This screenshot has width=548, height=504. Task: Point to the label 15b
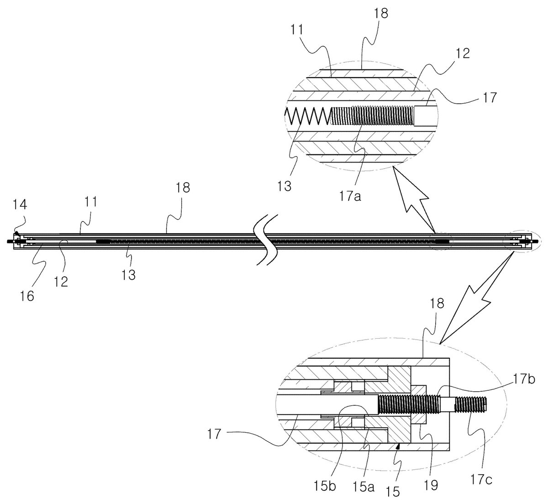325,487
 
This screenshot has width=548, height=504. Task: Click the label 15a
363,487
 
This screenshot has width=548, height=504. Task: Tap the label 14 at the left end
20,205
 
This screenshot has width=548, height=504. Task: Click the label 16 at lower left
27,296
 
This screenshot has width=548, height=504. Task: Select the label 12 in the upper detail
462,53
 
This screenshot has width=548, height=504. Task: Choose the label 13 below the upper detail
285,187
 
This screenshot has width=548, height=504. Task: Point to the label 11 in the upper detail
297,30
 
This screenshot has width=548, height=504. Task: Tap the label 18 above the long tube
183,188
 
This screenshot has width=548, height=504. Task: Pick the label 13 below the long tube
129,274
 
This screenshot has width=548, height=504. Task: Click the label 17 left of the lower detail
214,434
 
